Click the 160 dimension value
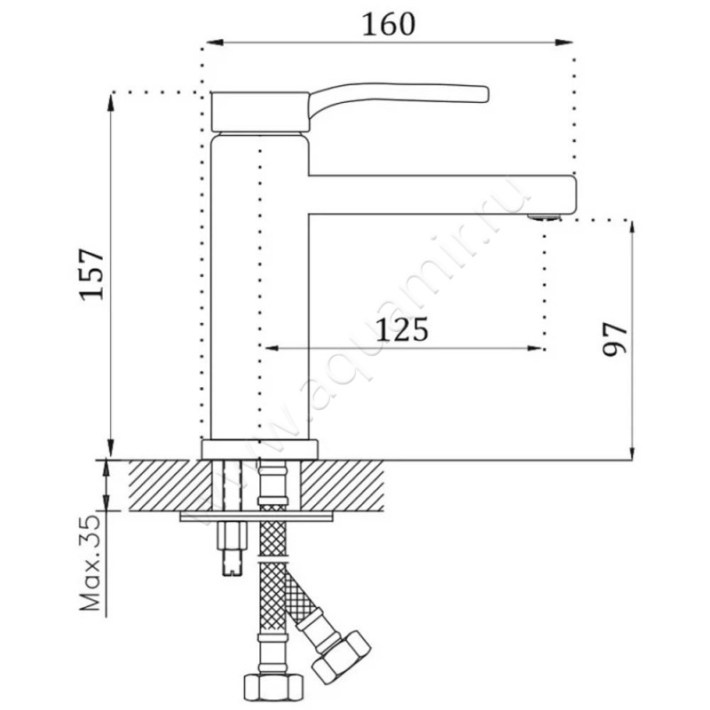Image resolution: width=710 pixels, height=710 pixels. point(389,25)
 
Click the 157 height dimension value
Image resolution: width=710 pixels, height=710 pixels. point(92,274)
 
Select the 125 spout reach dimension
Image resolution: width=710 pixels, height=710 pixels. point(402,329)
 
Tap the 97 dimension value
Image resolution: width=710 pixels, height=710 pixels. point(615,339)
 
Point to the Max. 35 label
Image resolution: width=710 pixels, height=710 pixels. point(90,563)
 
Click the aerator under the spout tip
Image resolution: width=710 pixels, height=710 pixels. point(544,217)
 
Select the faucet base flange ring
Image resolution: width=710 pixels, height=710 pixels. point(260,449)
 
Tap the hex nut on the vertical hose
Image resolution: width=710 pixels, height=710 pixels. point(273,687)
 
